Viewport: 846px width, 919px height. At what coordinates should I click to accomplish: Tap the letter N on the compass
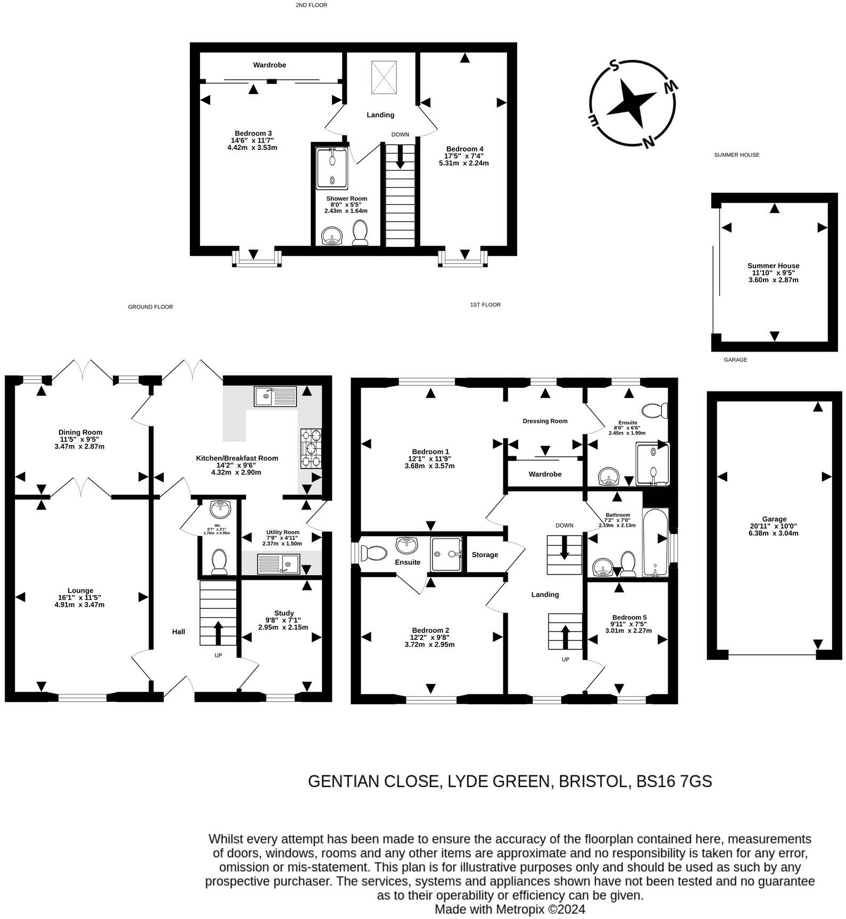(648, 141)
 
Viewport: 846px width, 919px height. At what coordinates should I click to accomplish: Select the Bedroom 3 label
(253, 133)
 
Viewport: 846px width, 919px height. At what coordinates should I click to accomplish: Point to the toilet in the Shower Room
(360, 233)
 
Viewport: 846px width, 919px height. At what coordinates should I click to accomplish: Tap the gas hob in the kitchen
(311, 448)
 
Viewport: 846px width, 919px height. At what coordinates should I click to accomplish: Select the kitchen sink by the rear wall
(275, 396)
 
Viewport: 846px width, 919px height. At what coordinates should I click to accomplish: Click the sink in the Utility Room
(279, 564)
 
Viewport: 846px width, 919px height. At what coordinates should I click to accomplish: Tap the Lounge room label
(80, 590)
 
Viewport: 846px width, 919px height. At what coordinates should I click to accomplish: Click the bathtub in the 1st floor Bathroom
(655, 542)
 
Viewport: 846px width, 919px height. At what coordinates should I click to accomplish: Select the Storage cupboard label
(485, 555)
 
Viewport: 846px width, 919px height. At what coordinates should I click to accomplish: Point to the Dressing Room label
(545, 421)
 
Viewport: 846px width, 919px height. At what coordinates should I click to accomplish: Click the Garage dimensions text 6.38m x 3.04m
(774, 533)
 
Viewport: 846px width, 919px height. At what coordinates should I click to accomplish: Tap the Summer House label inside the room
(773, 266)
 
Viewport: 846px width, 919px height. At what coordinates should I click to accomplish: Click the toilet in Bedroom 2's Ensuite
(374, 553)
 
